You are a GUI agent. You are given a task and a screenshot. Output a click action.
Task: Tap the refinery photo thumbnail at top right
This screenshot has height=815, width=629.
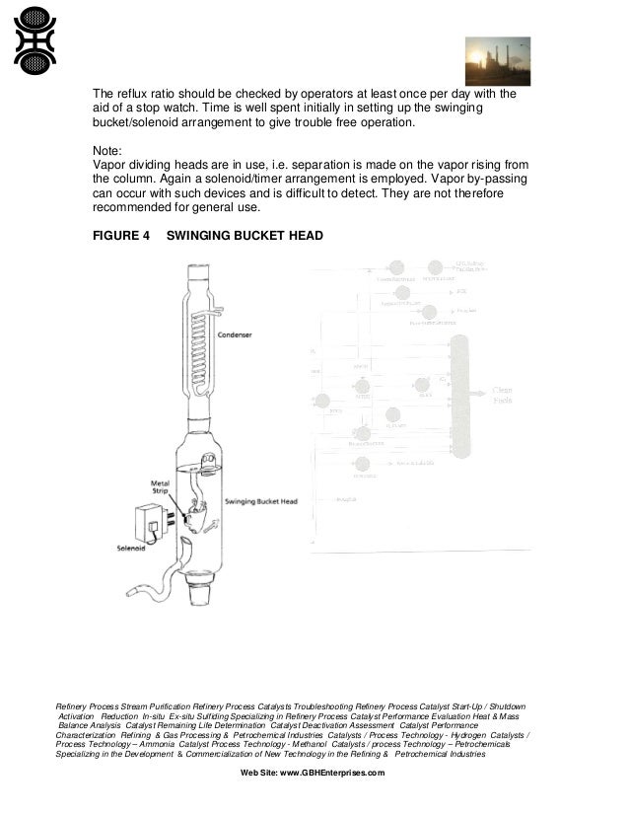498,61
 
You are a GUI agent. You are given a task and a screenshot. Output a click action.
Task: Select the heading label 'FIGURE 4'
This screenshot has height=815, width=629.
123,237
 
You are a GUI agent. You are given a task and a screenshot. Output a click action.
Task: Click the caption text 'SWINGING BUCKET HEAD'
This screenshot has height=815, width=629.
245,237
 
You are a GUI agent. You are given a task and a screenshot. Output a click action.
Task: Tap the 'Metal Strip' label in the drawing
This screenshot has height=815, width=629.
161,488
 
